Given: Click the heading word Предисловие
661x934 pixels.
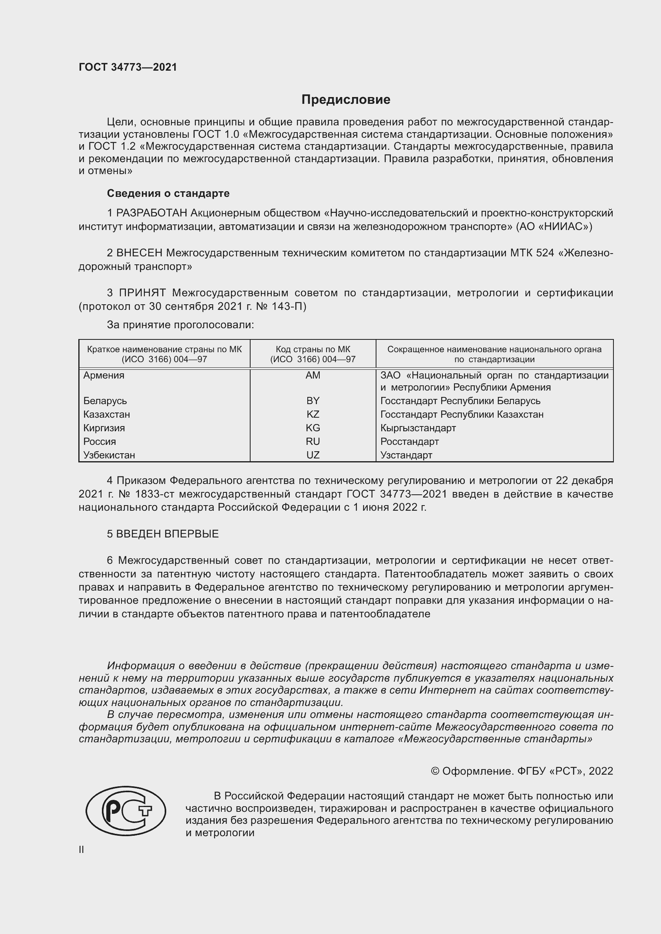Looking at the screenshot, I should coord(346,100).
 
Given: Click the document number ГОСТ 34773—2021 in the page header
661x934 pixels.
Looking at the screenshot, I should coord(128,67).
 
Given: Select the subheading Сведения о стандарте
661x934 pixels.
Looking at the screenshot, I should coord(168,193).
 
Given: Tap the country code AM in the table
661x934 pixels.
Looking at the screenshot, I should coord(313,375).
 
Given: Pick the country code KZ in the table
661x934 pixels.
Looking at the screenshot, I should coord(313,414).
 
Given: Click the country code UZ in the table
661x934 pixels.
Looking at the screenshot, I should coord(313,455).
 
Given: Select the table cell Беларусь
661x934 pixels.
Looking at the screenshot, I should coord(105,401).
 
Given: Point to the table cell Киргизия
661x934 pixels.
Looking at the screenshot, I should coord(104,428).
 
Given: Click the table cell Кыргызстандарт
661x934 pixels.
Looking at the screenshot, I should coord(418,428).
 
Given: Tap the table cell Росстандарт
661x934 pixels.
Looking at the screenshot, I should coord(410,441).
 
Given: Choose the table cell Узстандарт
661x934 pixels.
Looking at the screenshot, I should coord(406,455).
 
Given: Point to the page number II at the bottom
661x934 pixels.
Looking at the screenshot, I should coord(82,849).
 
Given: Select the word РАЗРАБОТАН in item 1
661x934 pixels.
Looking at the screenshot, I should coord(152,213).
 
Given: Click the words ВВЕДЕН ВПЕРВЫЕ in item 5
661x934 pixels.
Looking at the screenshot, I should coord(167,534).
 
